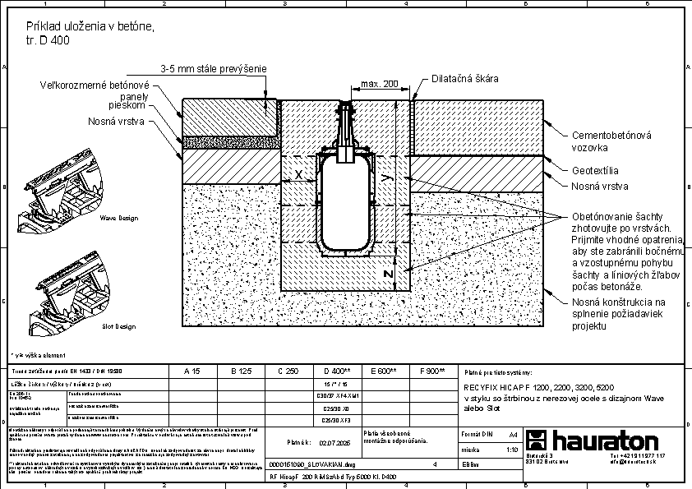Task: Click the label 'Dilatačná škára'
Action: point(466,79)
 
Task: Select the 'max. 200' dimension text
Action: point(379,84)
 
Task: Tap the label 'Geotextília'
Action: point(596,171)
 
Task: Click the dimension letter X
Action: point(298,175)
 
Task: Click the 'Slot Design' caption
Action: point(118,326)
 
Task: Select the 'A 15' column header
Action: point(191,371)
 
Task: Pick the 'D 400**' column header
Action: point(338,371)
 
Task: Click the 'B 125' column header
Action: point(240,371)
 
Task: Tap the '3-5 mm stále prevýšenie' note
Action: point(213,69)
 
